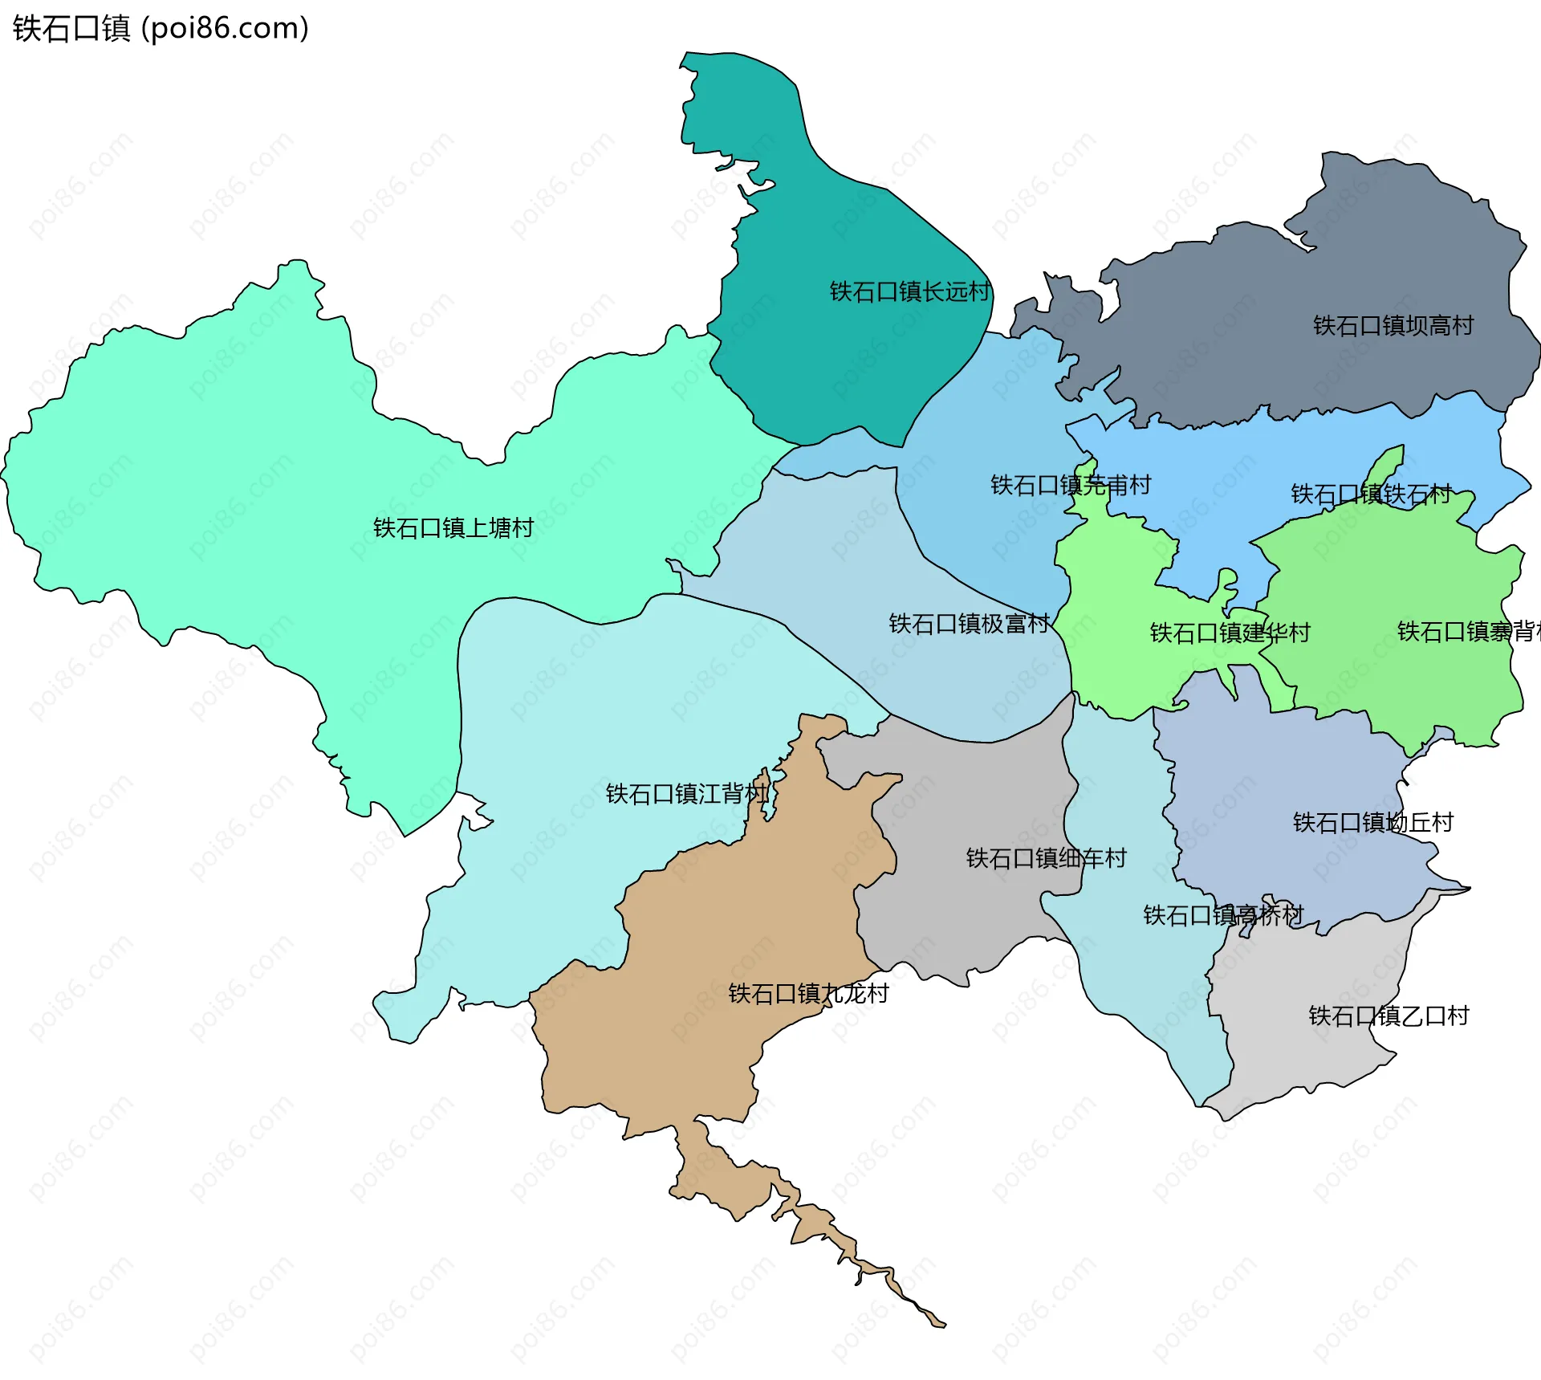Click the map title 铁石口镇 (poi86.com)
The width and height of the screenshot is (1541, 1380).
[x=161, y=28]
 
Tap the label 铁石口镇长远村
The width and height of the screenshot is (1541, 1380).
[x=909, y=291]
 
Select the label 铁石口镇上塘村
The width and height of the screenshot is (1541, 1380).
[x=453, y=527]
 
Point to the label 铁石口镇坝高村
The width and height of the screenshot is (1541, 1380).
[x=1393, y=325]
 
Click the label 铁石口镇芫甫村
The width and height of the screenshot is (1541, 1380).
[x=1071, y=485]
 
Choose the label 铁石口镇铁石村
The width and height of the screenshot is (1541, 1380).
[x=1371, y=494]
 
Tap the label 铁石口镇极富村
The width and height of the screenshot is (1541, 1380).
[x=969, y=624]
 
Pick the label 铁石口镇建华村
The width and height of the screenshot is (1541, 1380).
[x=1230, y=633]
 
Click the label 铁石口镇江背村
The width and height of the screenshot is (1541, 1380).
[x=686, y=794]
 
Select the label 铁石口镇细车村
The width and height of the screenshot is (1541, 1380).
[x=1046, y=858]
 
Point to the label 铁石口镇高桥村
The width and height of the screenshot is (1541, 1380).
[x=1223, y=915]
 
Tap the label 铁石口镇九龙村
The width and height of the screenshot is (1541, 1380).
[x=808, y=994]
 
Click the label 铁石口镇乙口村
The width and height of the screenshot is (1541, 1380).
[x=1389, y=1016]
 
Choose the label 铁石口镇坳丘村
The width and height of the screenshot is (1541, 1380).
[x=1372, y=822]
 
